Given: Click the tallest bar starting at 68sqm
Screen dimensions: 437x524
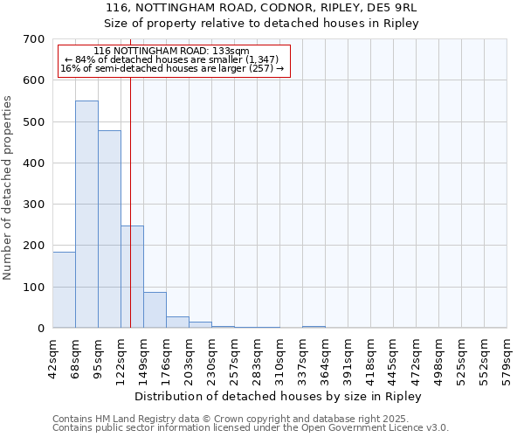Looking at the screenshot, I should (86, 214).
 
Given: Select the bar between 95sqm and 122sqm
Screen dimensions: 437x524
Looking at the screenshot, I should (109, 229).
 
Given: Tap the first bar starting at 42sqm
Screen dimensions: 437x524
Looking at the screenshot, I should (64, 289).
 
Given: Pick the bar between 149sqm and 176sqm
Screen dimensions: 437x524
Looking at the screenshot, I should (155, 309).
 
